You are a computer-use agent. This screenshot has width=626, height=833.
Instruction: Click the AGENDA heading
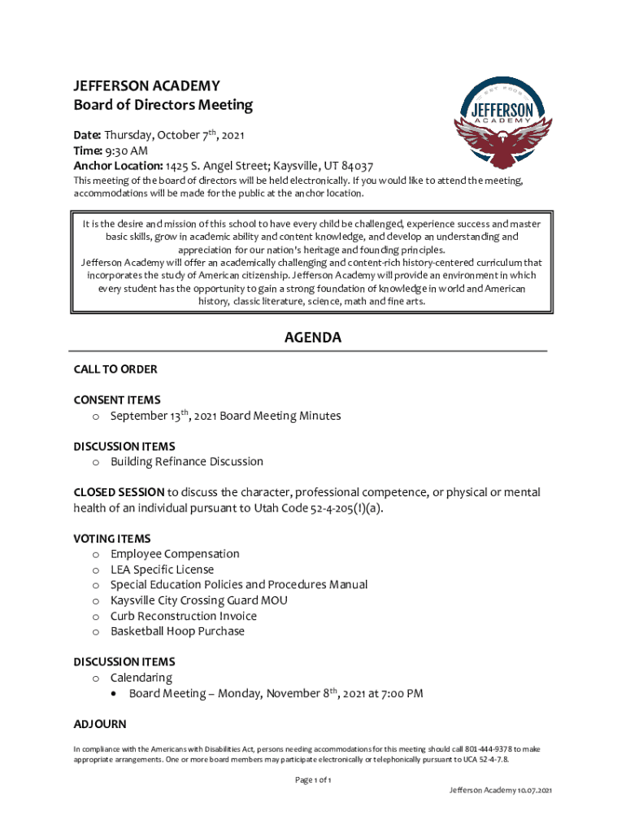[312, 338]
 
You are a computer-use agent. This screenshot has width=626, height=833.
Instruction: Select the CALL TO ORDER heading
[115, 369]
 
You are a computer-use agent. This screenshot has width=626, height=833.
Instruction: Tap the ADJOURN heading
[100, 724]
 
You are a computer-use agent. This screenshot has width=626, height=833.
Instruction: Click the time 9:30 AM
[126, 150]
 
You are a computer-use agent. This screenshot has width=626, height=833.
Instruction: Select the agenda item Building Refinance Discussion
[187, 461]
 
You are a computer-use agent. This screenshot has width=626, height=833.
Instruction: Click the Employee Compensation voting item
[175, 554]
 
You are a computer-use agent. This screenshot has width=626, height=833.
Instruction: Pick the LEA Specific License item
[162, 569]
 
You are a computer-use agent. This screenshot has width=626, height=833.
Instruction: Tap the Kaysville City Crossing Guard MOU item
[198, 600]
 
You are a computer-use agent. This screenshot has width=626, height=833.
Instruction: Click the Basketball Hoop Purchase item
[177, 631]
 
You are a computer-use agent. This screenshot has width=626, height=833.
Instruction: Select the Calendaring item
[141, 678]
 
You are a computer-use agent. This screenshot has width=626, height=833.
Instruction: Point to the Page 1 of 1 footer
[312, 780]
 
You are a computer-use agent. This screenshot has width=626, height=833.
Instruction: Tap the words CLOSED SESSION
[119, 493]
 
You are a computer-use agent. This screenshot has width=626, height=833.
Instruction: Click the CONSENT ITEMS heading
[117, 400]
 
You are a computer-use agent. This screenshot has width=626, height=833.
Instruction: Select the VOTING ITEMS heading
[112, 539]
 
